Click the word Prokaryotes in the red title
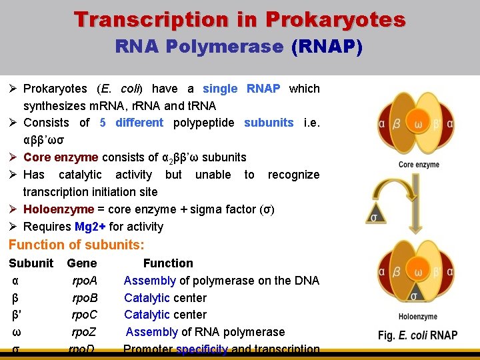coord(335,19)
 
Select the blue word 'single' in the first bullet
coord(220,89)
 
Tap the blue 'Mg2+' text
coord(90,227)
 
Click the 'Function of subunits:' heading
coord(76,245)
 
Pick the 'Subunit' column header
coord(31,263)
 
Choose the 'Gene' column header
coord(82,263)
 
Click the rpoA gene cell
coord(85,281)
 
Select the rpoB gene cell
coord(85,298)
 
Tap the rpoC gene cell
coord(85,315)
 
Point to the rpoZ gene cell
coord(85,332)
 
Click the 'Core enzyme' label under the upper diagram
coord(418,165)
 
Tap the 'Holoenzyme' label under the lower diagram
coord(418,317)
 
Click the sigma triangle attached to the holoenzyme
coord(414,295)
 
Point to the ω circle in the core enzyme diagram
coord(418,125)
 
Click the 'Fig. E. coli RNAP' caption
coord(417,335)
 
